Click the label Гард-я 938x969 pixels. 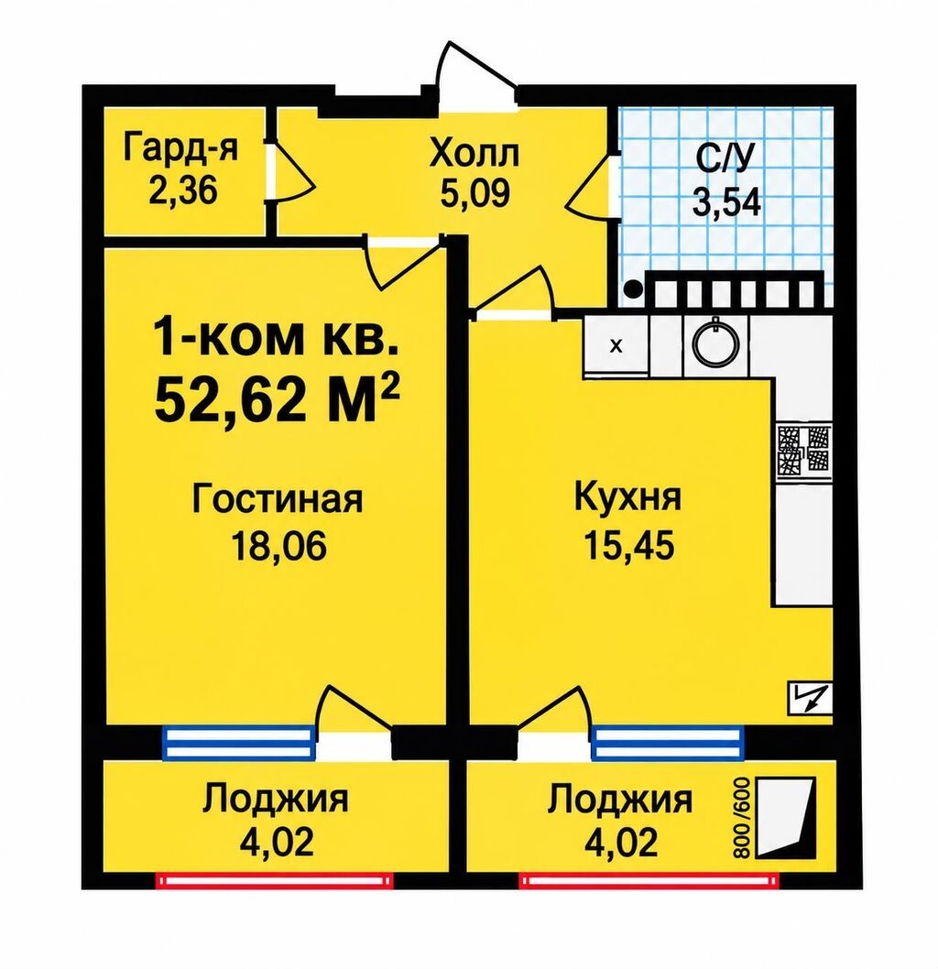(x=180, y=148)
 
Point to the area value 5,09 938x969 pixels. (x=475, y=193)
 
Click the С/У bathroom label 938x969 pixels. (x=725, y=160)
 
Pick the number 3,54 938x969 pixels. (x=726, y=202)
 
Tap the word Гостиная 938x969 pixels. (x=278, y=499)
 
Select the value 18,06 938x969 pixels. (x=278, y=546)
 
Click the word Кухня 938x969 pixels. (x=627, y=498)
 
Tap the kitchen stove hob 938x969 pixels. (x=802, y=450)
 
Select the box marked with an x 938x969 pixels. (x=616, y=345)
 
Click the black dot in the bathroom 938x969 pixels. (x=632, y=288)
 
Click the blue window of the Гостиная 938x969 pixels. (x=238, y=742)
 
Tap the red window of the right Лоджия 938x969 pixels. (x=649, y=880)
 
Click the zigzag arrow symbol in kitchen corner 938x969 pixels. (x=810, y=698)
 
